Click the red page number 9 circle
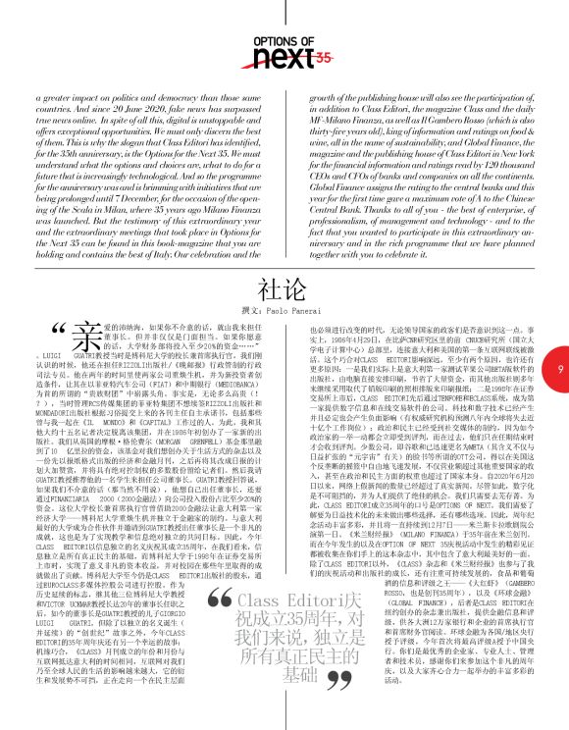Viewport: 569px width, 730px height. (556, 368)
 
